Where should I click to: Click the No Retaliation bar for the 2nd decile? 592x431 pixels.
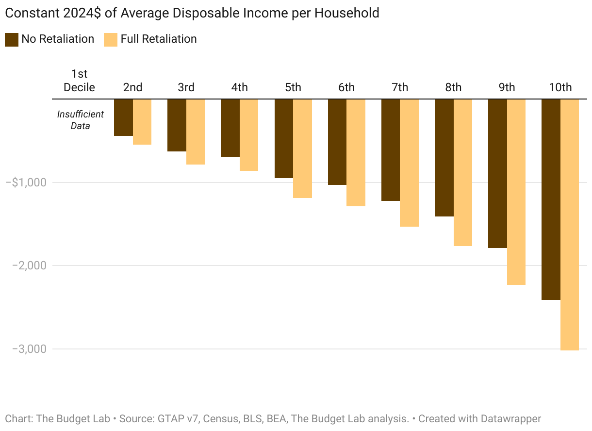[x=123, y=117]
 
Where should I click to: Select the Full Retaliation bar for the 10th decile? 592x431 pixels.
[x=570, y=224]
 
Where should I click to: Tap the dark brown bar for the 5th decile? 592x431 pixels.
[x=284, y=138]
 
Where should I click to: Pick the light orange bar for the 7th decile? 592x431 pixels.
[x=409, y=163]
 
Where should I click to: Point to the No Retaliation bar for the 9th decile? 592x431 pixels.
[x=497, y=173]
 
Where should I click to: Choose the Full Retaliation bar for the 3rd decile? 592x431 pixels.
[x=196, y=132]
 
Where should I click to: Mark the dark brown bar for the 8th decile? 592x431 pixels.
[x=444, y=158]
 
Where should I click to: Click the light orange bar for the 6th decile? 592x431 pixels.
[x=356, y=152]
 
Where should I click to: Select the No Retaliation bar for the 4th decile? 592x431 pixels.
[x=230, y=128]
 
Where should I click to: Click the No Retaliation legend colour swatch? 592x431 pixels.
[x=12, y=39]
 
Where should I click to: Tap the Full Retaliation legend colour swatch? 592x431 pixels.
[x=111, y=39]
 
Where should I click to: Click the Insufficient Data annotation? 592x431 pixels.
[x=80, y=120]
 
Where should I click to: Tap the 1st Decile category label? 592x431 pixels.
[x=80, y=81]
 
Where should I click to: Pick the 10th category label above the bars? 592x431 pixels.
[x=560, y=87]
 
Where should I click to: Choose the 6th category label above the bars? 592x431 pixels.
[x=346, y=87]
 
